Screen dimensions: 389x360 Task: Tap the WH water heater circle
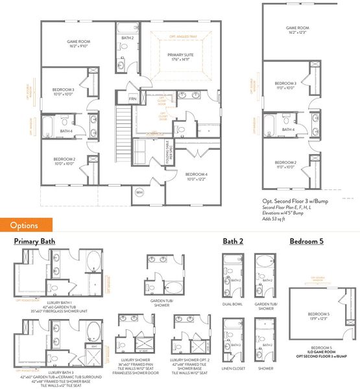tap(138, 192)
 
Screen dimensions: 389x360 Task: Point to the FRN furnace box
tap(133, 99)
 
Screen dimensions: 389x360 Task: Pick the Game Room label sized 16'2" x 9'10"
tap(78, 43)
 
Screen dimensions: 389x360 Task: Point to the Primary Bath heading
tap(34, 242)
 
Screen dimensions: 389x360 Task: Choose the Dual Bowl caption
tap(232, 304)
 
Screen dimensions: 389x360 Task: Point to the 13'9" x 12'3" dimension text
tap(319, 335)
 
